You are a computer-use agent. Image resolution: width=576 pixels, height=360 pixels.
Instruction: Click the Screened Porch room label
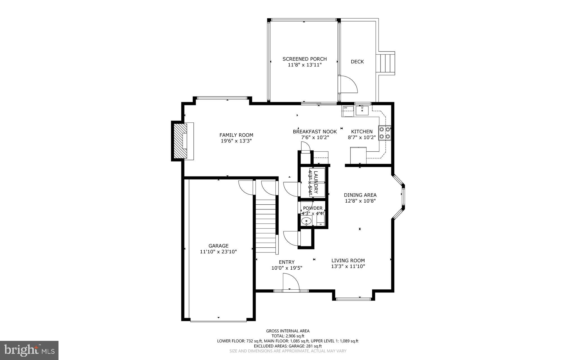coord(305,59)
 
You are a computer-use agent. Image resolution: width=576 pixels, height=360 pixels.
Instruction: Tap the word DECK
coord(357,62)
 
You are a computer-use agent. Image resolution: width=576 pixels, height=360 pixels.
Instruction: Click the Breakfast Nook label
coord(315,131)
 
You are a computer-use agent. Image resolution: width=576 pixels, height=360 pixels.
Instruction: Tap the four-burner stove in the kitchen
coord(385,133)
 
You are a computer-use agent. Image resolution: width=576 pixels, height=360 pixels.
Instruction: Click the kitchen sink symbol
coord(362,110)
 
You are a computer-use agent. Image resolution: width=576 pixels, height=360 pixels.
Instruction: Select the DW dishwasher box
coord(348,111)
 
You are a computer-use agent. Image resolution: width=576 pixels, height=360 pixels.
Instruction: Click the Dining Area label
coord(360,195)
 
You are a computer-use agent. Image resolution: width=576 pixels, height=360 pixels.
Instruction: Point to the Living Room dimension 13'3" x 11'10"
coord(348,267)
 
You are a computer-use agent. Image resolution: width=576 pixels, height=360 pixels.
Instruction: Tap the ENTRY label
coord(287,262)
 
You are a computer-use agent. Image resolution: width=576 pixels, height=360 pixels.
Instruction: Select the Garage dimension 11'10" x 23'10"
coord(218,252)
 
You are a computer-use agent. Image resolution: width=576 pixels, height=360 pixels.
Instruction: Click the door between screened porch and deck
coord(348,84)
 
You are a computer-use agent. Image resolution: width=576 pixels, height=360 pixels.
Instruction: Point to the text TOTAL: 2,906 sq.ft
coord(288,336)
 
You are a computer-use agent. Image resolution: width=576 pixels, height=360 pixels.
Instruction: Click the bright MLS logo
coord(29,350)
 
